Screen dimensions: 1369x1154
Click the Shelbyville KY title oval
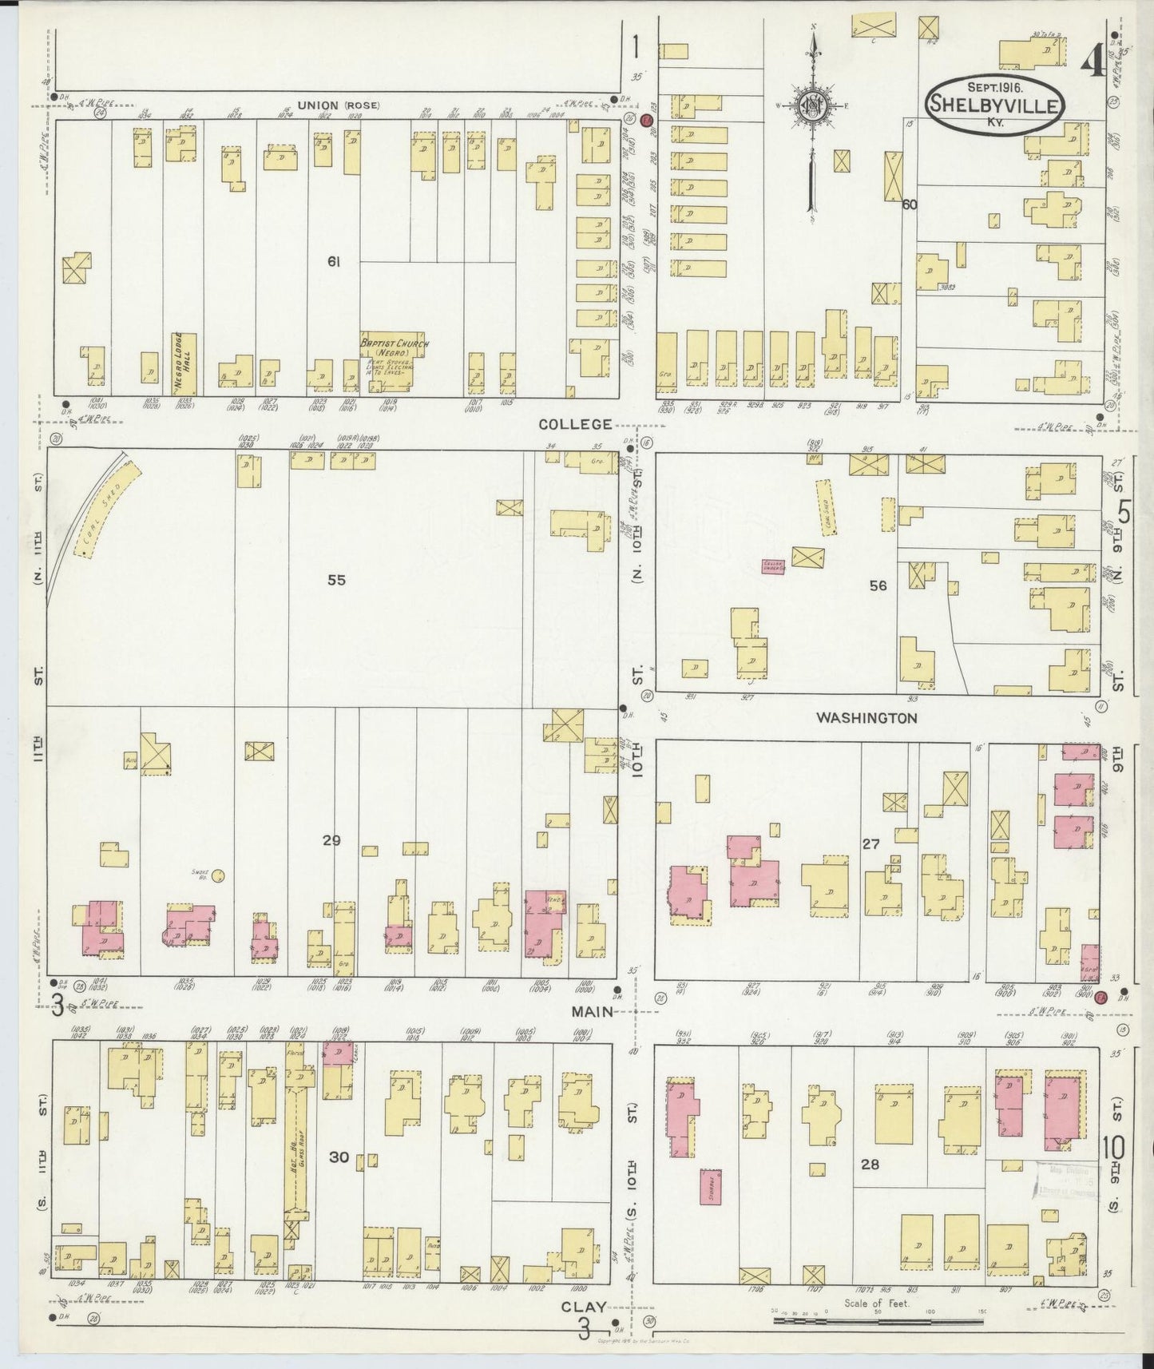(x=994, y=105)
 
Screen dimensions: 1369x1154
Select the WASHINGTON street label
(x=866, y=718)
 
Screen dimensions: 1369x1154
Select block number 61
(x=333, y=260)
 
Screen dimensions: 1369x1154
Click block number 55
(x=336, y=580)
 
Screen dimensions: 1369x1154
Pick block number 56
(x=878, y=585)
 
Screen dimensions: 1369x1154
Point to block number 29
(x=331, y=839)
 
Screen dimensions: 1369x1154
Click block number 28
(x=870, y=1165)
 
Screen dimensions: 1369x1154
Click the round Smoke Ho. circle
(x=218, y=875)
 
